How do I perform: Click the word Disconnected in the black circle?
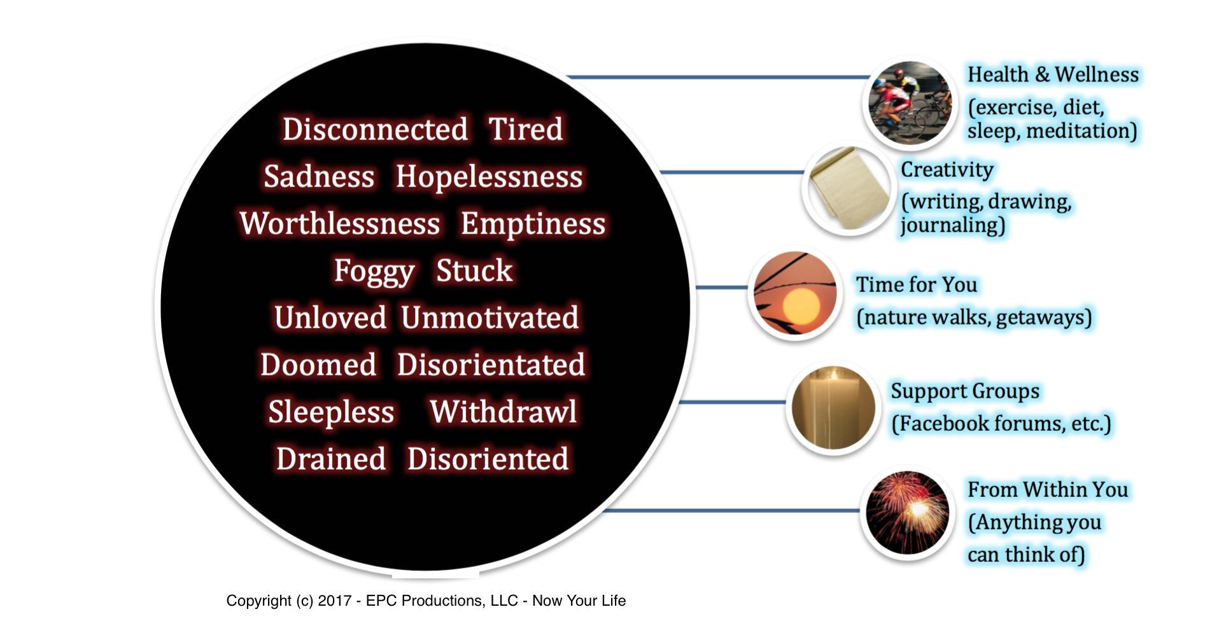[x=376, y=129]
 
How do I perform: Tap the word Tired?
[x=526, y=129]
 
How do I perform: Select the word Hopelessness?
[x=489, y=177]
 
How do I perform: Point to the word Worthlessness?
[x=340, y=223]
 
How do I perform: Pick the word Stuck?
[x=474, y=270]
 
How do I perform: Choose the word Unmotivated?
[x=490, y=317]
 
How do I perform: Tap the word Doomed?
[x=318, y=365]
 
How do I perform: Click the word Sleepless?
[x=331, y=412]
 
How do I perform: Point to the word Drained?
[x=331, y=459]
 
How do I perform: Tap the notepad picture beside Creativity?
[x=849, y=188]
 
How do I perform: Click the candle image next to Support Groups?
[x=833, y=408]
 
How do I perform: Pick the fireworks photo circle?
[x=908, y=512]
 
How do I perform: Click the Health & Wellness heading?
[x=1053, y=74]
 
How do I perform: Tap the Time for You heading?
[x=916, y=284]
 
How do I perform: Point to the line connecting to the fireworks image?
[x=731, y=510]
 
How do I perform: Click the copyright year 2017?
[x=335, y=601]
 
